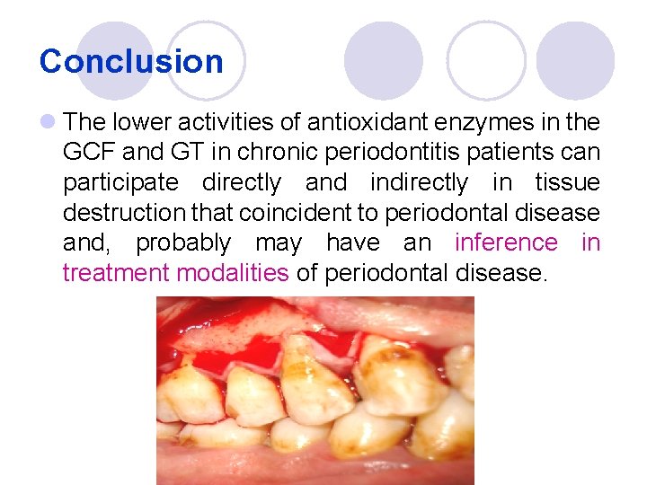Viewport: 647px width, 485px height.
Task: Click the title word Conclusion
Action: (131, 61)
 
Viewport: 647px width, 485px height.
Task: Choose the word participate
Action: (121, 182)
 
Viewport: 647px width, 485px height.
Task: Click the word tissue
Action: (566, 182)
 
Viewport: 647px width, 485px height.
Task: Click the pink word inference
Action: (506, 243)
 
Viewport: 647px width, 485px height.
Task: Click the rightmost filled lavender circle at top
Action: (575, 60)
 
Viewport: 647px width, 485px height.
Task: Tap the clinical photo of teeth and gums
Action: (315, 391)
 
